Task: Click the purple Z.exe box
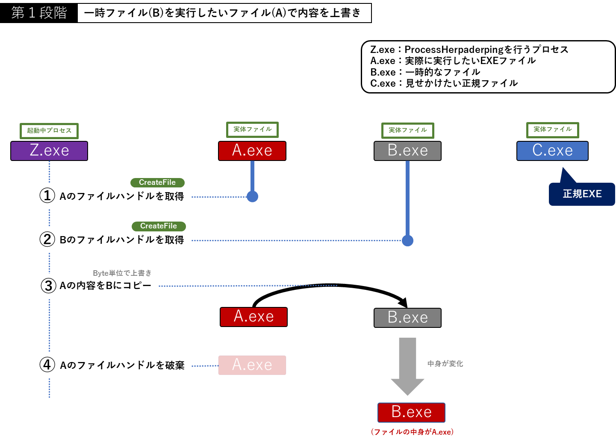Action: [x=49, y=151]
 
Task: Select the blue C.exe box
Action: [x=552, y=151]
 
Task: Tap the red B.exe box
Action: [x=411, y=412]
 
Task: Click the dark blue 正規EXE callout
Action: [x=582, y=194]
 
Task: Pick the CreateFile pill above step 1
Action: [x=157, y=182]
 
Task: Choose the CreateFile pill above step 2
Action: [x=159, y=226]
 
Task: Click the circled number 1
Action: [x=47, y=196]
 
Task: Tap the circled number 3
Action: [x=48, y=286]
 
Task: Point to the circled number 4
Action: [x=47, y=365]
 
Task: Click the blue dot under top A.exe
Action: [x=253, y=196]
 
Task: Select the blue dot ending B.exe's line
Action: [x=408, y=241]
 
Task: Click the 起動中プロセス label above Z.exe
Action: [x=49, y=131]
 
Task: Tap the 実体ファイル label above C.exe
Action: [x=552, y=129]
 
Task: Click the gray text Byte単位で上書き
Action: [x=122, y=273]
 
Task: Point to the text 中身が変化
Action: [x=445, y=364]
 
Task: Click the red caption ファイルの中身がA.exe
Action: [x=412, y=432]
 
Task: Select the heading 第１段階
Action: [x=39, y=13]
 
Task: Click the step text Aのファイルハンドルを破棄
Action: [x=122, y=365]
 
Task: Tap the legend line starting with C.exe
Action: [x=444, y=84]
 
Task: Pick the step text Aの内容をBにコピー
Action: [x=106, y=286]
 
